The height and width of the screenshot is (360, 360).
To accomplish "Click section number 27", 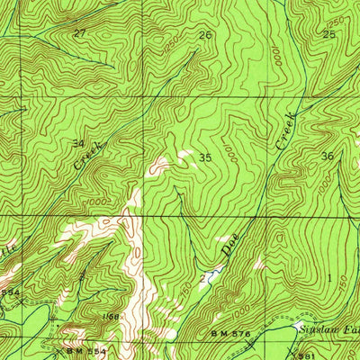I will coord(80,33).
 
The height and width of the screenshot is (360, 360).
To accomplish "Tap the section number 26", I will coord(206,35).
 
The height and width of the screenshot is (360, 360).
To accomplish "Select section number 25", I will coord(329,34).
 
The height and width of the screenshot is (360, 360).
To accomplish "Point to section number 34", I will coord(78,143).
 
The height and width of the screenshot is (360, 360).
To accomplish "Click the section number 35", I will coord(205,157).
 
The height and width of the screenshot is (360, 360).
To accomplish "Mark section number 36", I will coord(327,156).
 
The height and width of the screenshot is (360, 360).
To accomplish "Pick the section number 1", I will coord(329,277).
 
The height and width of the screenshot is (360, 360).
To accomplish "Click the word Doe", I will coord(229,245).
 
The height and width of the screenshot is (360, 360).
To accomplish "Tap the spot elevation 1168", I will coord(112,316).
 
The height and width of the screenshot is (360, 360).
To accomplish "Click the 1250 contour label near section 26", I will coord(171,42).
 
